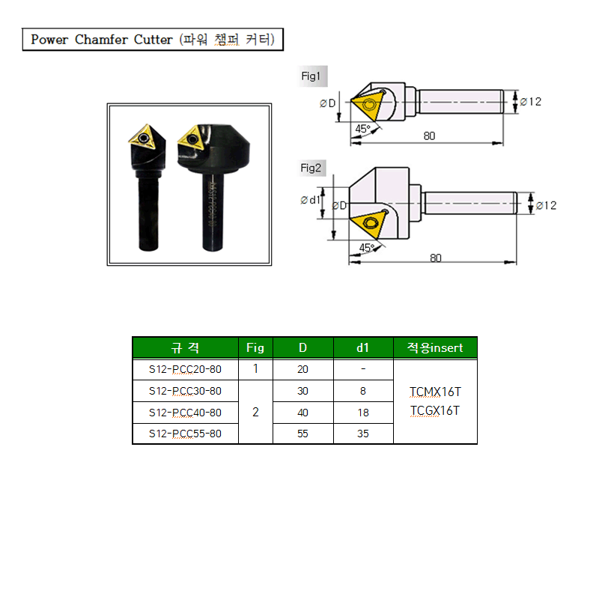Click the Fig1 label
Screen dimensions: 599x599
[x=311, y=76]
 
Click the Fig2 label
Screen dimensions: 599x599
[x=311, y=168]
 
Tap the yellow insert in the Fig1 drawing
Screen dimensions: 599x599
[x=368, y=104]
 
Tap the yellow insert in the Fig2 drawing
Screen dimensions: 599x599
[x=368, y=222]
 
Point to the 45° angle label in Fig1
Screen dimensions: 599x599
[x=362, y=129]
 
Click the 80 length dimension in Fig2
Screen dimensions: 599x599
[x=436, y=258]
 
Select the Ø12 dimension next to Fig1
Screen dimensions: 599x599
[x=531, y=102]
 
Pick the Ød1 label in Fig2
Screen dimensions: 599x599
[x=310, y=200]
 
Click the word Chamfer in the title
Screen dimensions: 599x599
[x=101, y=40]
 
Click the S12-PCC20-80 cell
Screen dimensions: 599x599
[x=185, y=369]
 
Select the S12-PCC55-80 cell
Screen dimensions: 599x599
[x=185, y=434]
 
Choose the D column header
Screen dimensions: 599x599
[x=303, y=347]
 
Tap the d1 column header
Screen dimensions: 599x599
[x=363, y=347]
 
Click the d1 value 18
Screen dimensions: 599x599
[x=363, y=413]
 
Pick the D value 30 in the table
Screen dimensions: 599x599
[x=302, y=391]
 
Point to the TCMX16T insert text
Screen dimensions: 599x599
[x=435, y=392]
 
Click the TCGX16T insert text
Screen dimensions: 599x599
[x=435, y=410]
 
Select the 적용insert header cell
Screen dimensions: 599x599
[x=435, y=347]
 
